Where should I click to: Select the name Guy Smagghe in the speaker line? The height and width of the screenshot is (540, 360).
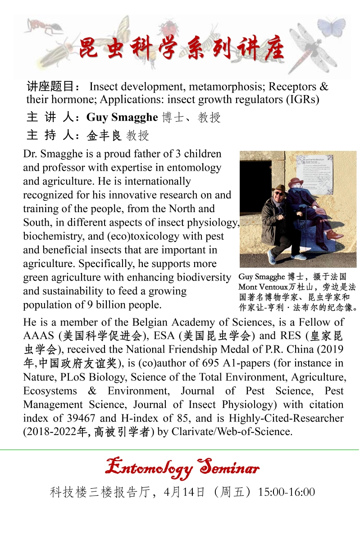pyautogui.click(x=122, y=118)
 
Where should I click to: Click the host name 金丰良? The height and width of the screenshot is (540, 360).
pyautogui.click(x=104, y=135)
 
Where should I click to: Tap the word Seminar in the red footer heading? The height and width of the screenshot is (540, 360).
pyautogui.click(x=230, y=467)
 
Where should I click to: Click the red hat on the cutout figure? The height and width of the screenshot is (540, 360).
pyautogui.click(x=296, y=182)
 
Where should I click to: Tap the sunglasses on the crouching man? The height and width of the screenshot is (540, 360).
pyautogui.click(x=279, y=194)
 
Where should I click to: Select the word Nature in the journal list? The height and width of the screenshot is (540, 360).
pyautogui.click(x=38, y=377)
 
